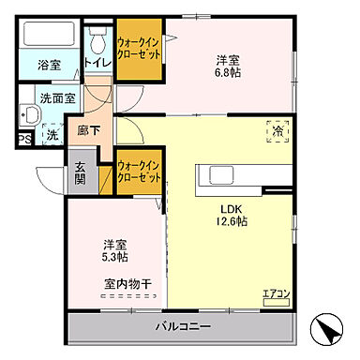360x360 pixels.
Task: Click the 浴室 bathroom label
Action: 49,66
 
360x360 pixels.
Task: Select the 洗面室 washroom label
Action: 57,96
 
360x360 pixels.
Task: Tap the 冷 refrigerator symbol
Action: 277,133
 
